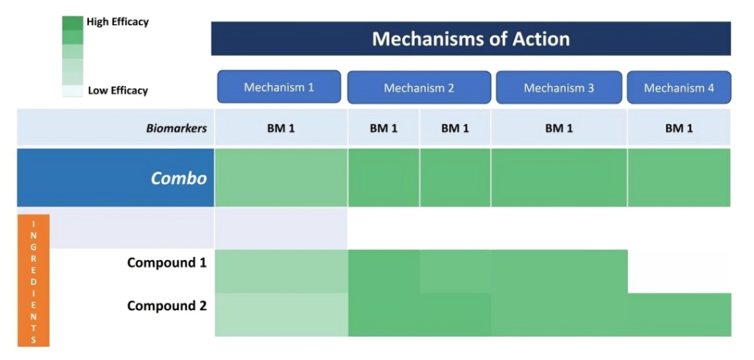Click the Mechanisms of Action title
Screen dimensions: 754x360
[x=471, y=38]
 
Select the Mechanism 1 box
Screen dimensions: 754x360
[x=279, y=87]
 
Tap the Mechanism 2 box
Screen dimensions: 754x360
[x=419, y=88]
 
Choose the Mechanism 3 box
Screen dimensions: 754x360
[x=559, y=88]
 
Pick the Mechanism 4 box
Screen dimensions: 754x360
[x=679, y=88]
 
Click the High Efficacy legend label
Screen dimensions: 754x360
[x=118, y=21]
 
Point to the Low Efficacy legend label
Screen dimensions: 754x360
[x=118, y=91]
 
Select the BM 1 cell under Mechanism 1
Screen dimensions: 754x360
[x=281, y=128]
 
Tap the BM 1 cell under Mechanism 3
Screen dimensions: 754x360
[x=559, y=128]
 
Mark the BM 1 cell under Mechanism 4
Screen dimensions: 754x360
[x=679, y=128]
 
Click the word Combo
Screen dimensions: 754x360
[x=179, y=178]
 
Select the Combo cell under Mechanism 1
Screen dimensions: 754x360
[x=281, y=177]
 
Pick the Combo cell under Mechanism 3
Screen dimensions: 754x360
[x=559, y=177]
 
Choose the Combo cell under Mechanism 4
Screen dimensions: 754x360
[x=679, y=177]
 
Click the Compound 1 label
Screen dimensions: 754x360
[x=167, y=263]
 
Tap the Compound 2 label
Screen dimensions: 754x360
[x=167, y=306]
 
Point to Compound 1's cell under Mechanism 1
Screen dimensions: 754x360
[x=281, y=271]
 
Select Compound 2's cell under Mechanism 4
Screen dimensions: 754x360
[x=680, y=314]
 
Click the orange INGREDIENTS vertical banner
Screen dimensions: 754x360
[x=34, y=280]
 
